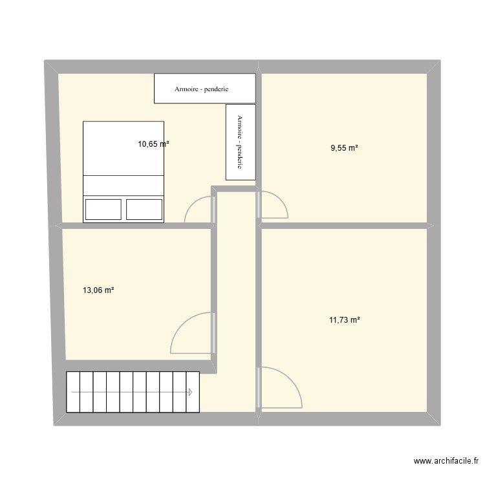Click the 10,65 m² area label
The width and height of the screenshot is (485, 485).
153,145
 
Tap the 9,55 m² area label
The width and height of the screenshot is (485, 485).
345,148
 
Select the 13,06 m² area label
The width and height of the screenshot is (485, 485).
98,291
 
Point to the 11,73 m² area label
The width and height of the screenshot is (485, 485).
345,319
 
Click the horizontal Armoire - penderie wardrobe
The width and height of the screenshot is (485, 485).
204,89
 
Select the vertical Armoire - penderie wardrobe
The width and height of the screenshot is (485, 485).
240,142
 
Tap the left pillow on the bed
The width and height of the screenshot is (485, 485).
103,210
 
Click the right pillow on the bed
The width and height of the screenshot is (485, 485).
144,210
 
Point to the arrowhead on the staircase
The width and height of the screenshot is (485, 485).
191,392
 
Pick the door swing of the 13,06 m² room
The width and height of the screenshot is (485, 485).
191,333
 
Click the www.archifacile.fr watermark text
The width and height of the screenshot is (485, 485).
446,462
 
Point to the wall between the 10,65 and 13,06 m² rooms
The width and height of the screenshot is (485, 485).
136,226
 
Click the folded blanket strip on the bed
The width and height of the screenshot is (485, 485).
124,184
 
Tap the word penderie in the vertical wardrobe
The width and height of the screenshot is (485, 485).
240,156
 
